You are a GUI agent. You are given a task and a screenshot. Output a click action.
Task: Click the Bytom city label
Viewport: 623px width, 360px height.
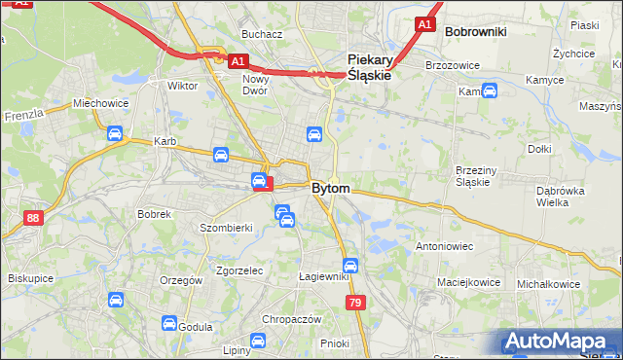331,188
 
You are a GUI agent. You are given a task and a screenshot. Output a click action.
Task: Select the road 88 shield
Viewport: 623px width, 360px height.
33,219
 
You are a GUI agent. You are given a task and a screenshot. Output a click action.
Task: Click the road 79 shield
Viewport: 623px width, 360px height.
355,305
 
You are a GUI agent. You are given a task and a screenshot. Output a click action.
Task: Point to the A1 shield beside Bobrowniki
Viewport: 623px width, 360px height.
424,24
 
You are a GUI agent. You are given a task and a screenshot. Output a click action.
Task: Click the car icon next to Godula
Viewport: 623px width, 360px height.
168,324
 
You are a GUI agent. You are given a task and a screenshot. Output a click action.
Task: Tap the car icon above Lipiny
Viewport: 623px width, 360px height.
258,341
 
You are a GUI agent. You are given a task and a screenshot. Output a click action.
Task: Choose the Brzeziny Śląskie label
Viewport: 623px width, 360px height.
477,176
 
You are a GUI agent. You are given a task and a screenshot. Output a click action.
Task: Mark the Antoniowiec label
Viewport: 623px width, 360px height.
444,246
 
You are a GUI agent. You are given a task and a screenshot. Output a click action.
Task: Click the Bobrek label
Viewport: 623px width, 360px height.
154,213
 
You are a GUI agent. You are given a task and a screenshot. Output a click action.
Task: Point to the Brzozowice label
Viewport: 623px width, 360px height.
450,65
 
